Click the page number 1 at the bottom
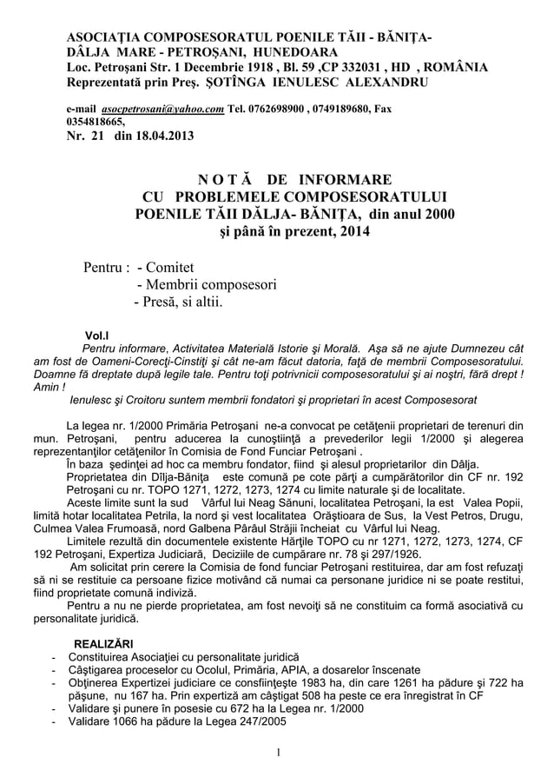277,752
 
